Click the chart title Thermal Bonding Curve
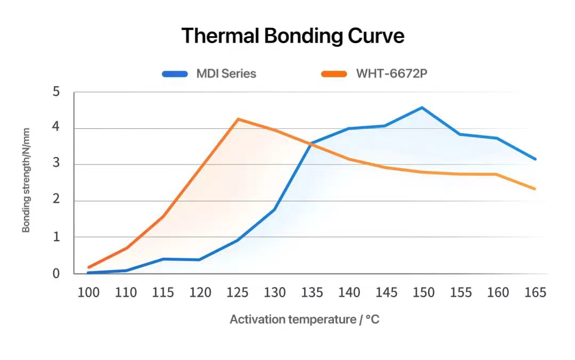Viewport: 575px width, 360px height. point(293,36)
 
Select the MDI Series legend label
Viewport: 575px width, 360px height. point(226,73)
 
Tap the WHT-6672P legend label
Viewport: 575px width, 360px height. point(391,73)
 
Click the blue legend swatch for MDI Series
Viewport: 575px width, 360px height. point(175,74)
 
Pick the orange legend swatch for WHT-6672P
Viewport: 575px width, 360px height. point(334,74)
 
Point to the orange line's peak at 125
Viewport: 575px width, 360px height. point(238,119)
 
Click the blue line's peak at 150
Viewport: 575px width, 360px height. point(422,108)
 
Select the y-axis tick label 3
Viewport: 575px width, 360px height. point(56,165)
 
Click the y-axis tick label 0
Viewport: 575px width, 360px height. point(56,274)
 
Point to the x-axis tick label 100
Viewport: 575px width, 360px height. point(88,292)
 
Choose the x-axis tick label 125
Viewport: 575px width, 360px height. point(237,292)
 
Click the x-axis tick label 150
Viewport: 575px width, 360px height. point(423,292)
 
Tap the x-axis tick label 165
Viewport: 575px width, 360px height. point(535,292)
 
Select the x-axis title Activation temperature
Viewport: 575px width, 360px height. point(305,320)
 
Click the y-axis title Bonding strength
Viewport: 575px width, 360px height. point(26,180)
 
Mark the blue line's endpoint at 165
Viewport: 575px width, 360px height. point(535,159)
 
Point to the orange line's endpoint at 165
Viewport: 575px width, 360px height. point(535,189)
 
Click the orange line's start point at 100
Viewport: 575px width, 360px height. point(89,267)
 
